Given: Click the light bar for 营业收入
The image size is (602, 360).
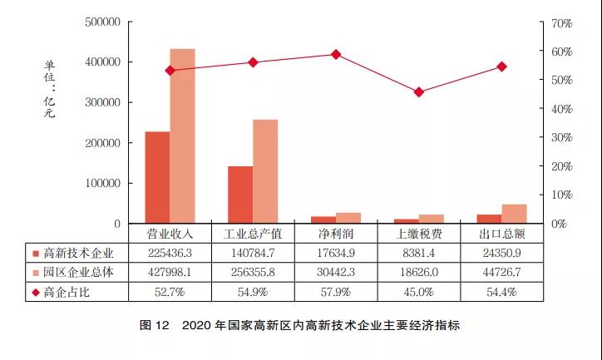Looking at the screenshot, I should [182, 136].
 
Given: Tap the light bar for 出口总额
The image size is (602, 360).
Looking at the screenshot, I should [514, 214].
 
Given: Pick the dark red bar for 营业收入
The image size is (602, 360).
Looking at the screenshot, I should [157, 177].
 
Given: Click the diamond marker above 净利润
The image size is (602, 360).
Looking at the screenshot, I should [336, 54].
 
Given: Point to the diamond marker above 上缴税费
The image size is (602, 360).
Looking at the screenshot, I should [419, 92].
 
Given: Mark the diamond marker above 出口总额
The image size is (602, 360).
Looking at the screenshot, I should [501, 67].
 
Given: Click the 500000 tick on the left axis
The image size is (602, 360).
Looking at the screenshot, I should [102, 22].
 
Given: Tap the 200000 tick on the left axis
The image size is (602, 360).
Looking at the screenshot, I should [102, 143].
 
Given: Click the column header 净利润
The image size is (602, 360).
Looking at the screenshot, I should [336, 234].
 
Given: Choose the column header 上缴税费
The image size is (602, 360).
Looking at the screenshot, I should [419, 234].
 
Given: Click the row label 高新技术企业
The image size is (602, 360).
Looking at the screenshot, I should [78, 253].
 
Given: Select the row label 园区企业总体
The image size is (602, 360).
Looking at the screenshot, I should [78, 272].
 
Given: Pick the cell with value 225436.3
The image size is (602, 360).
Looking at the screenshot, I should [170, 253].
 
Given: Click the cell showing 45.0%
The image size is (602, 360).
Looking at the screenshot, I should [419, 292].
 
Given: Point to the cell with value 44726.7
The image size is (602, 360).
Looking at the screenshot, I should [501, 272].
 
